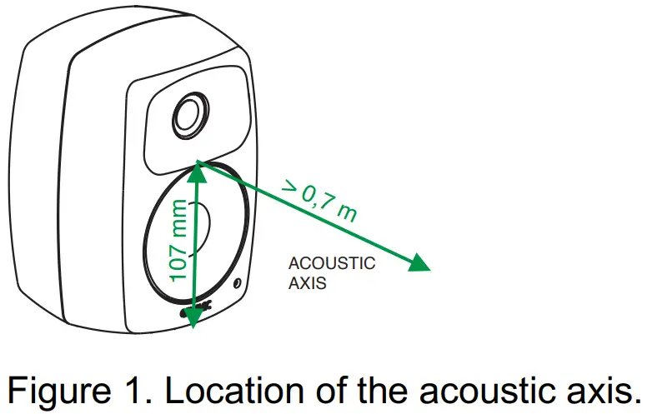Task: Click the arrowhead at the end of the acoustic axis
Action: tap(419, 263)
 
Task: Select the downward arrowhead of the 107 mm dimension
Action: tap(193, 317)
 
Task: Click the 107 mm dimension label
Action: tap(178, 241)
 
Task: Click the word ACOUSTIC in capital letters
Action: tap(332, 263)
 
